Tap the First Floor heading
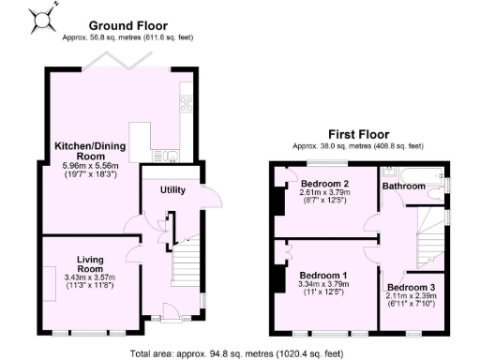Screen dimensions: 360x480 click(358, 134)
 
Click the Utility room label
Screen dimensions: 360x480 click(172, 190)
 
